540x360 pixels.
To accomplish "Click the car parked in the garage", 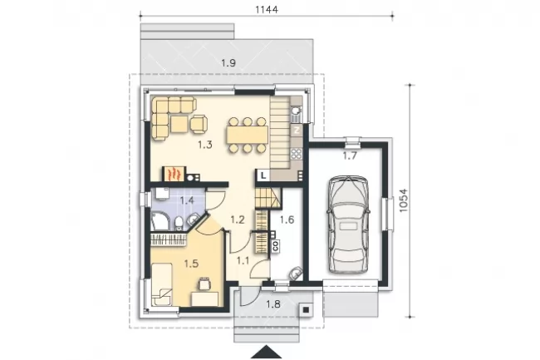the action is point(348,224).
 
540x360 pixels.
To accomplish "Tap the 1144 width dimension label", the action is point(267,9).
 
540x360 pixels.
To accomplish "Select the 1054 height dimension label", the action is point(403,200).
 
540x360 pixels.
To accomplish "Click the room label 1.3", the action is point(205,145).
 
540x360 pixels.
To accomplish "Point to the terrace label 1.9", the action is point(228,63).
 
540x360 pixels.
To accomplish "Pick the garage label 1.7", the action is point(350,156).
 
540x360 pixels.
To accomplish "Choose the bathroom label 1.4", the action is point(187,200).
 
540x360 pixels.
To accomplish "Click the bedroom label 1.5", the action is point(191,264).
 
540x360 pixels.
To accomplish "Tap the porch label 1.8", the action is point(273,303).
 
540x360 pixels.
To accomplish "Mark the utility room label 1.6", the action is point(287,219).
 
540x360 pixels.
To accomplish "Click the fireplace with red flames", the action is point(174,174).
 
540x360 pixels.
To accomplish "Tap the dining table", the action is point(248,135).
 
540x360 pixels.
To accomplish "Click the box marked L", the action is point(263,175).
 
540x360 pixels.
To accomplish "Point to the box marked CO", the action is point(276,245).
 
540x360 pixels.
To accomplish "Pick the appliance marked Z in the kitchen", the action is point(297,131).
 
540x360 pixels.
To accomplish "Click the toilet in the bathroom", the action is point(179,223).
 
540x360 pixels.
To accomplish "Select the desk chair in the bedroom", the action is point(204,284).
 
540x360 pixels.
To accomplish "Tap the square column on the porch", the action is point(306,310).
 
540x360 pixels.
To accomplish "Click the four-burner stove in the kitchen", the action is point(297,153).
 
